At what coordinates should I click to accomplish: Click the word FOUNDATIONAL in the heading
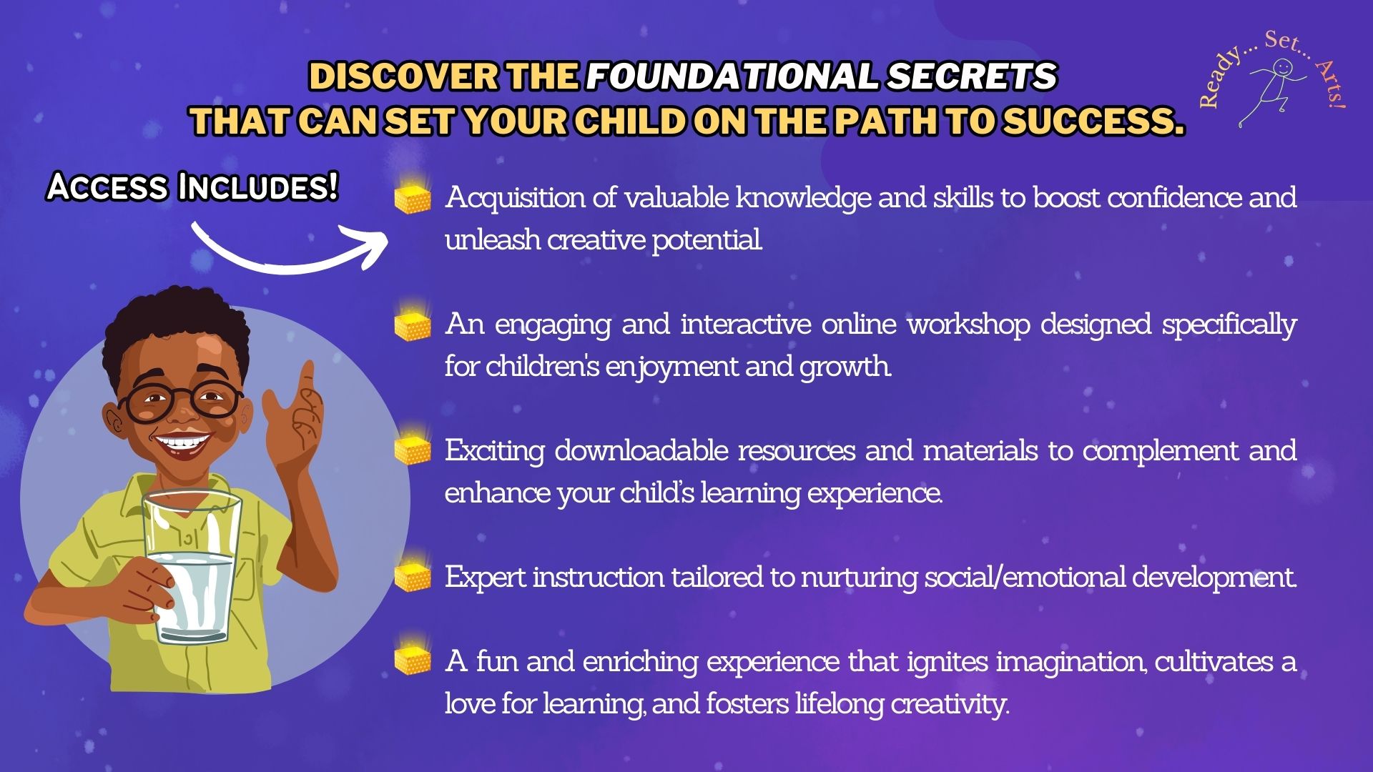click(x=731, y=76)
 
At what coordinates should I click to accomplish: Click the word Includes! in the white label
click(x=257, y=187)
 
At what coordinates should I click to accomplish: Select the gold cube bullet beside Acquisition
click(x=413, y=197)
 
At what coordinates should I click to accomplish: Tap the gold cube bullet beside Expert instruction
click(x=413, y=576)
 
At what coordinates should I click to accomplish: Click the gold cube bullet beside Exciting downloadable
click(x=413, y=450)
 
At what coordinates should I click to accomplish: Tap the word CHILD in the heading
click(x=630, y=121)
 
